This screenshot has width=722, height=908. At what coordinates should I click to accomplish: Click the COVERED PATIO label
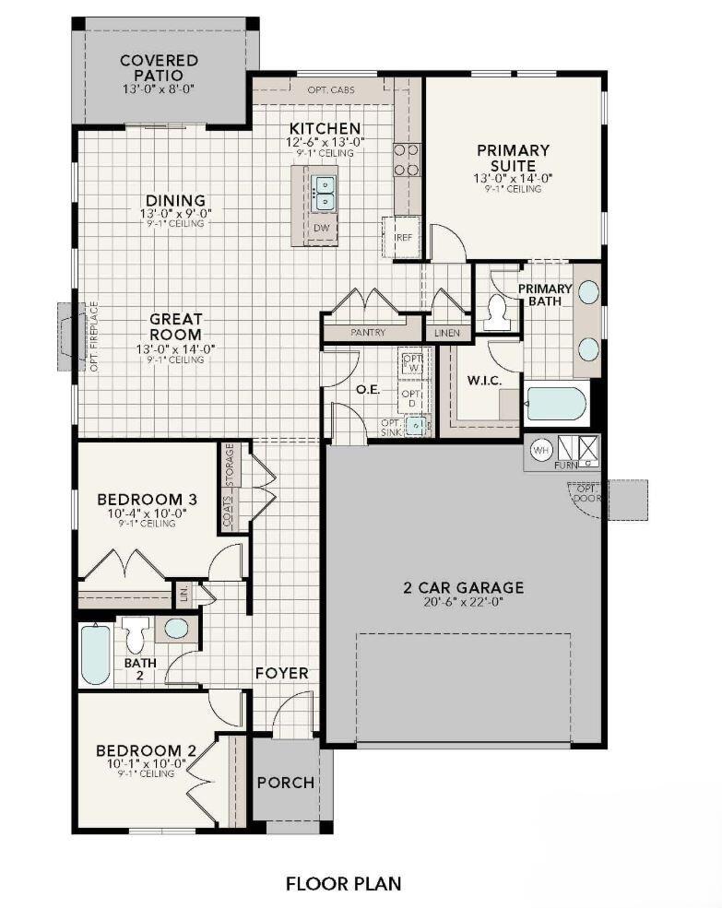click(159, 67)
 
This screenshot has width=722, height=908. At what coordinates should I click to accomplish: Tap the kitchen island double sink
click(323, 194)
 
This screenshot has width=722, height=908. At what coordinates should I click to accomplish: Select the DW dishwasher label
click(321, 228)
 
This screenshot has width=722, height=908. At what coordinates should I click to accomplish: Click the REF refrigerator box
click(402, 237)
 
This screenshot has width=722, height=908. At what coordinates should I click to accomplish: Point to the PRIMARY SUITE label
click(513, 157)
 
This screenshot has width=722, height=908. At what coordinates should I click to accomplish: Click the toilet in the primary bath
click(499, 312)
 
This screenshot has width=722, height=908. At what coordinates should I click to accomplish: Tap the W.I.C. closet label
click(483, 379)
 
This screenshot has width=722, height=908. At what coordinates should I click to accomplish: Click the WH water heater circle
click(541, 450)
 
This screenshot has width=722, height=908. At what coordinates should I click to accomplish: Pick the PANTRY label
click(368, 332)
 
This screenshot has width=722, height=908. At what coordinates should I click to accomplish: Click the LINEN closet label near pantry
click(448, 332)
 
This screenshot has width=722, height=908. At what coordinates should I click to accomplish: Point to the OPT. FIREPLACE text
click(93, 336)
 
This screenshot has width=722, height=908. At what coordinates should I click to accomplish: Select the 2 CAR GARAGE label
click(463, 587)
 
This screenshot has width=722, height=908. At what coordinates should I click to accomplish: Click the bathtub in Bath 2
click(95, 654)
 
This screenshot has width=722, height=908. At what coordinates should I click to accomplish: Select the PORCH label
click(285, 783)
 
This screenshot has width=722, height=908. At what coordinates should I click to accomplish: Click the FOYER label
click(281, 673)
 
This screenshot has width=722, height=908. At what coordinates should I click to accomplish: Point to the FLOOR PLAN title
click(343, 883)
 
